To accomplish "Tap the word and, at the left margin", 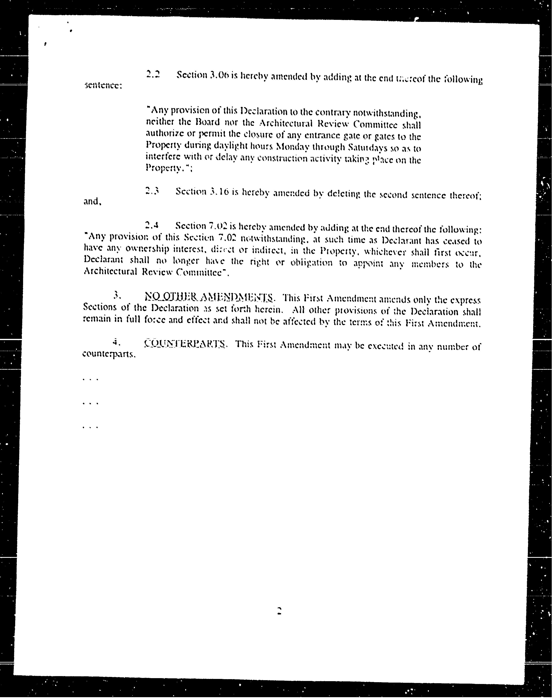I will (x=93, y=202).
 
